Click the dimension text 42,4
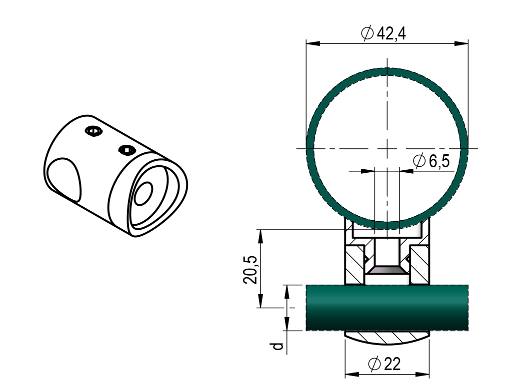(x=390, y=34)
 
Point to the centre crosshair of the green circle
(x=386, y=148)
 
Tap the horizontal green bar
(x=387, y=308)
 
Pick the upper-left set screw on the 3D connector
(x=93, y=131)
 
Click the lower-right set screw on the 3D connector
(x=126, y=149)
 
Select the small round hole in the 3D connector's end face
(x=143, y=193)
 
